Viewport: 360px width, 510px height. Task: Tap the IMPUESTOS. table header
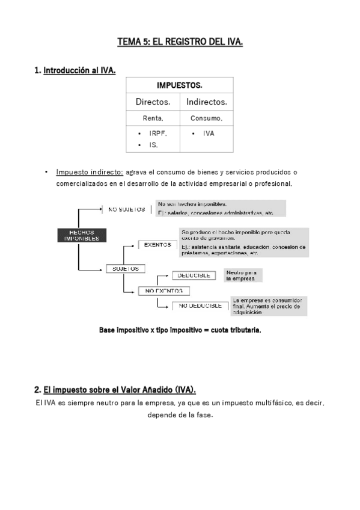(x=179, y=85)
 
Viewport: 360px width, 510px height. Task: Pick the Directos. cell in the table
(x=153, y=102)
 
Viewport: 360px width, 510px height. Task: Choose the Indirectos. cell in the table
(x=206, y=102)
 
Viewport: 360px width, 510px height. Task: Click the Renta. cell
(x=153, y=118)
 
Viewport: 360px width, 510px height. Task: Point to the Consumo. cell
(x=206, y=118)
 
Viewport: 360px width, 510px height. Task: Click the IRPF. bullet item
(x=157, y=134)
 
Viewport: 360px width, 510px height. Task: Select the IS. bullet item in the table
(x=153, y=145)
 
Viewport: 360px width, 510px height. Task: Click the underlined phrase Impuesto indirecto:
(x=90, y=172)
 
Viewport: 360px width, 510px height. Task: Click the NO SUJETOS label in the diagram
(x=127, y=209)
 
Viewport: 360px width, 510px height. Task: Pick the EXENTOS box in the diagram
(x=157, y=244)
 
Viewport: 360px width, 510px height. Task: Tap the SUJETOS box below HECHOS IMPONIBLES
(x=126, y=268)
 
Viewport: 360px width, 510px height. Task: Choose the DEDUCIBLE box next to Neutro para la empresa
(x=194, y=275)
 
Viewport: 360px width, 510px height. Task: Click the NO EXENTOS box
(x=164, y=290)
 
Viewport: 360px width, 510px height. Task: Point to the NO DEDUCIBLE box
(x=198, y=306)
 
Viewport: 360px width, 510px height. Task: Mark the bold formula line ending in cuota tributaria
(x=180, y=330)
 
